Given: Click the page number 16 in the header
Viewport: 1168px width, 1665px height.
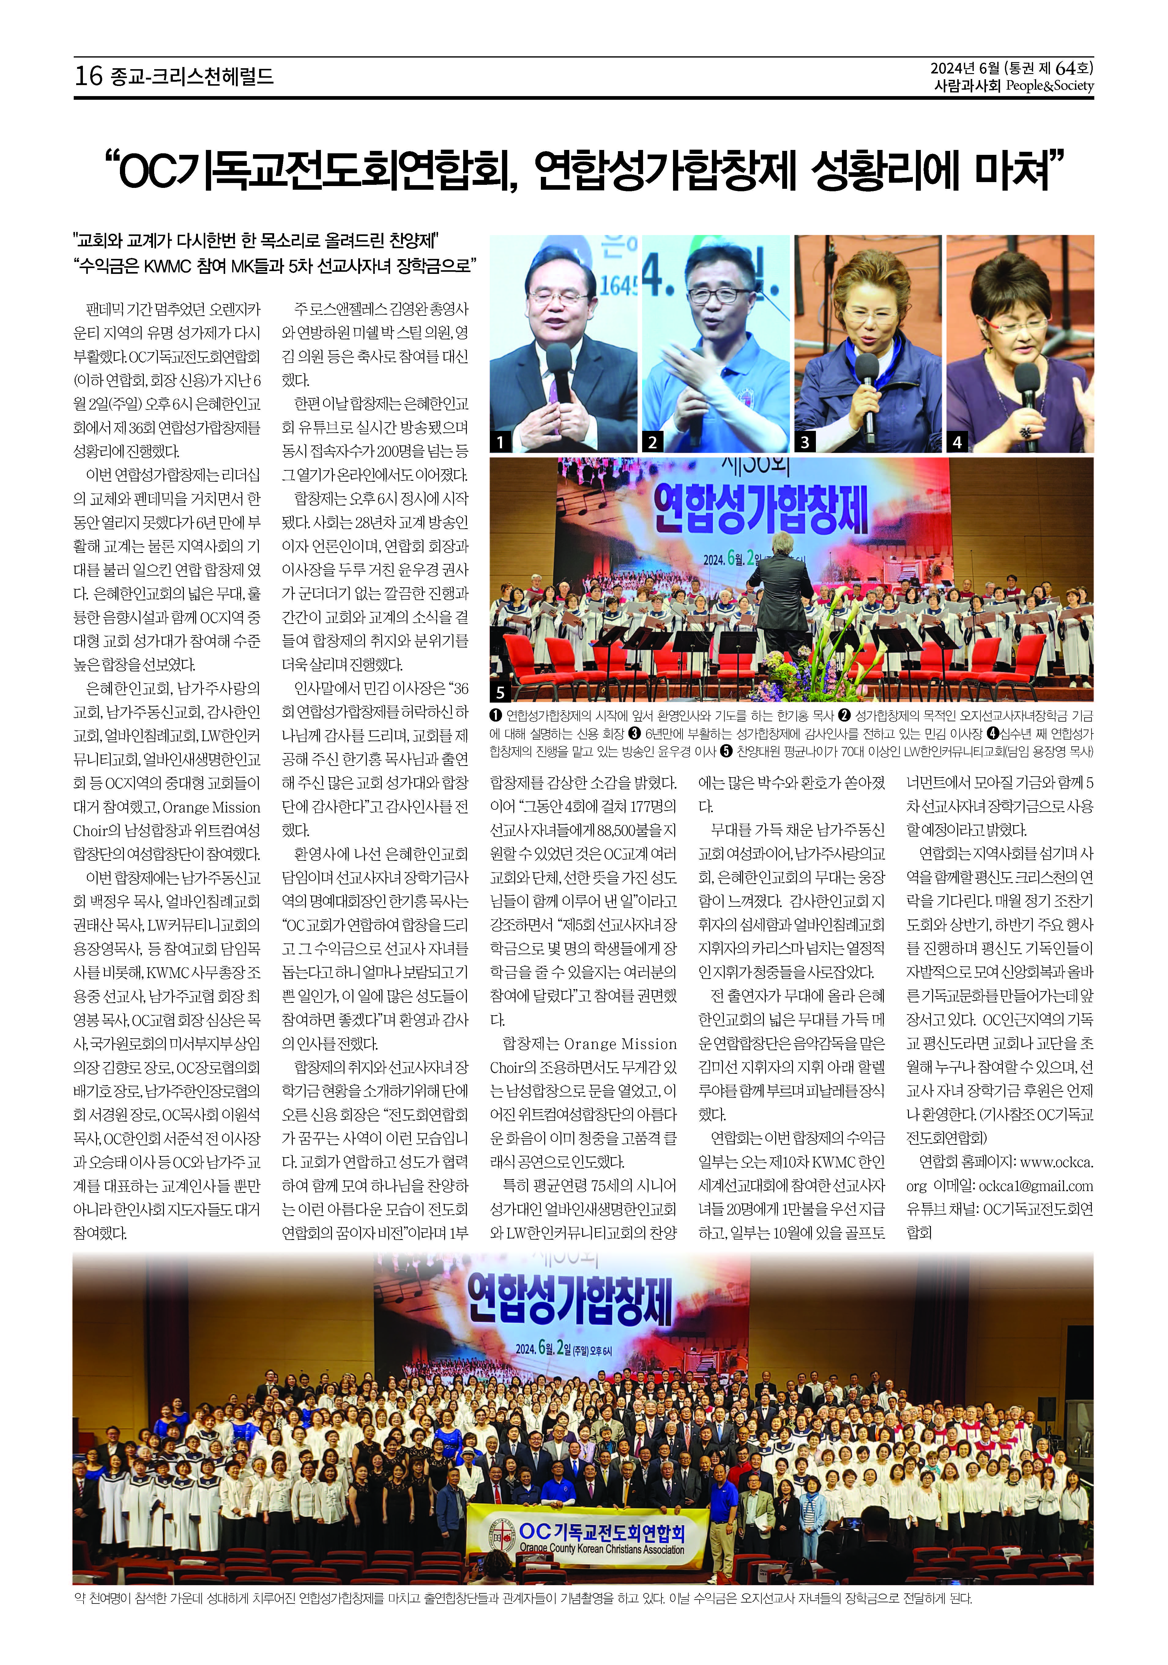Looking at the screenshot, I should pos(88,75).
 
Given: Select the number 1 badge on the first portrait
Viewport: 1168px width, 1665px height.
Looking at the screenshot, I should pos(500,441).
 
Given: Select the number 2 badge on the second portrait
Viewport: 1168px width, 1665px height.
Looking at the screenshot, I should pos(653,441).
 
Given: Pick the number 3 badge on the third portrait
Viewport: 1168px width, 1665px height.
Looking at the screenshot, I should pos(805,441).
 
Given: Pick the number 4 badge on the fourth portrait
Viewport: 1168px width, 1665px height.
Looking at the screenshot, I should pos(957,441).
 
